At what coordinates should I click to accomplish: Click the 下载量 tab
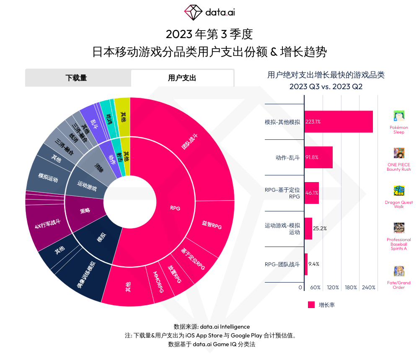[78, 78]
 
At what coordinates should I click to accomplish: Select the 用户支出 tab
[182, 78]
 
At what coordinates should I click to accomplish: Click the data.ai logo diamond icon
[194, 12]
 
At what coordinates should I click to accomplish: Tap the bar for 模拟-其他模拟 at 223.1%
[339, 122]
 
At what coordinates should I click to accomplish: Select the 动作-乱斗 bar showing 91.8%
[318, 157]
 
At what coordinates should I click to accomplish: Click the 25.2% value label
[320, 229]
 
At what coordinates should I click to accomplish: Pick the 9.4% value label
[314, 264]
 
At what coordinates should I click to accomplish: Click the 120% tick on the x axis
[333, 288]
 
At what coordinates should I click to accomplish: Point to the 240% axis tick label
[369, 288]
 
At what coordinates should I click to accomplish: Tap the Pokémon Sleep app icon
[399, 116]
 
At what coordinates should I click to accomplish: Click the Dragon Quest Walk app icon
[399, 191]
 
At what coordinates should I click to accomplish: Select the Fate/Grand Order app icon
[399, 271]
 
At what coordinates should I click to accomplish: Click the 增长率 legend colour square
[311, 305]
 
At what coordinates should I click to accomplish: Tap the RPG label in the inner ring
[175, 208]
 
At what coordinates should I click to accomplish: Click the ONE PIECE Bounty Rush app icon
[399, 153]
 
